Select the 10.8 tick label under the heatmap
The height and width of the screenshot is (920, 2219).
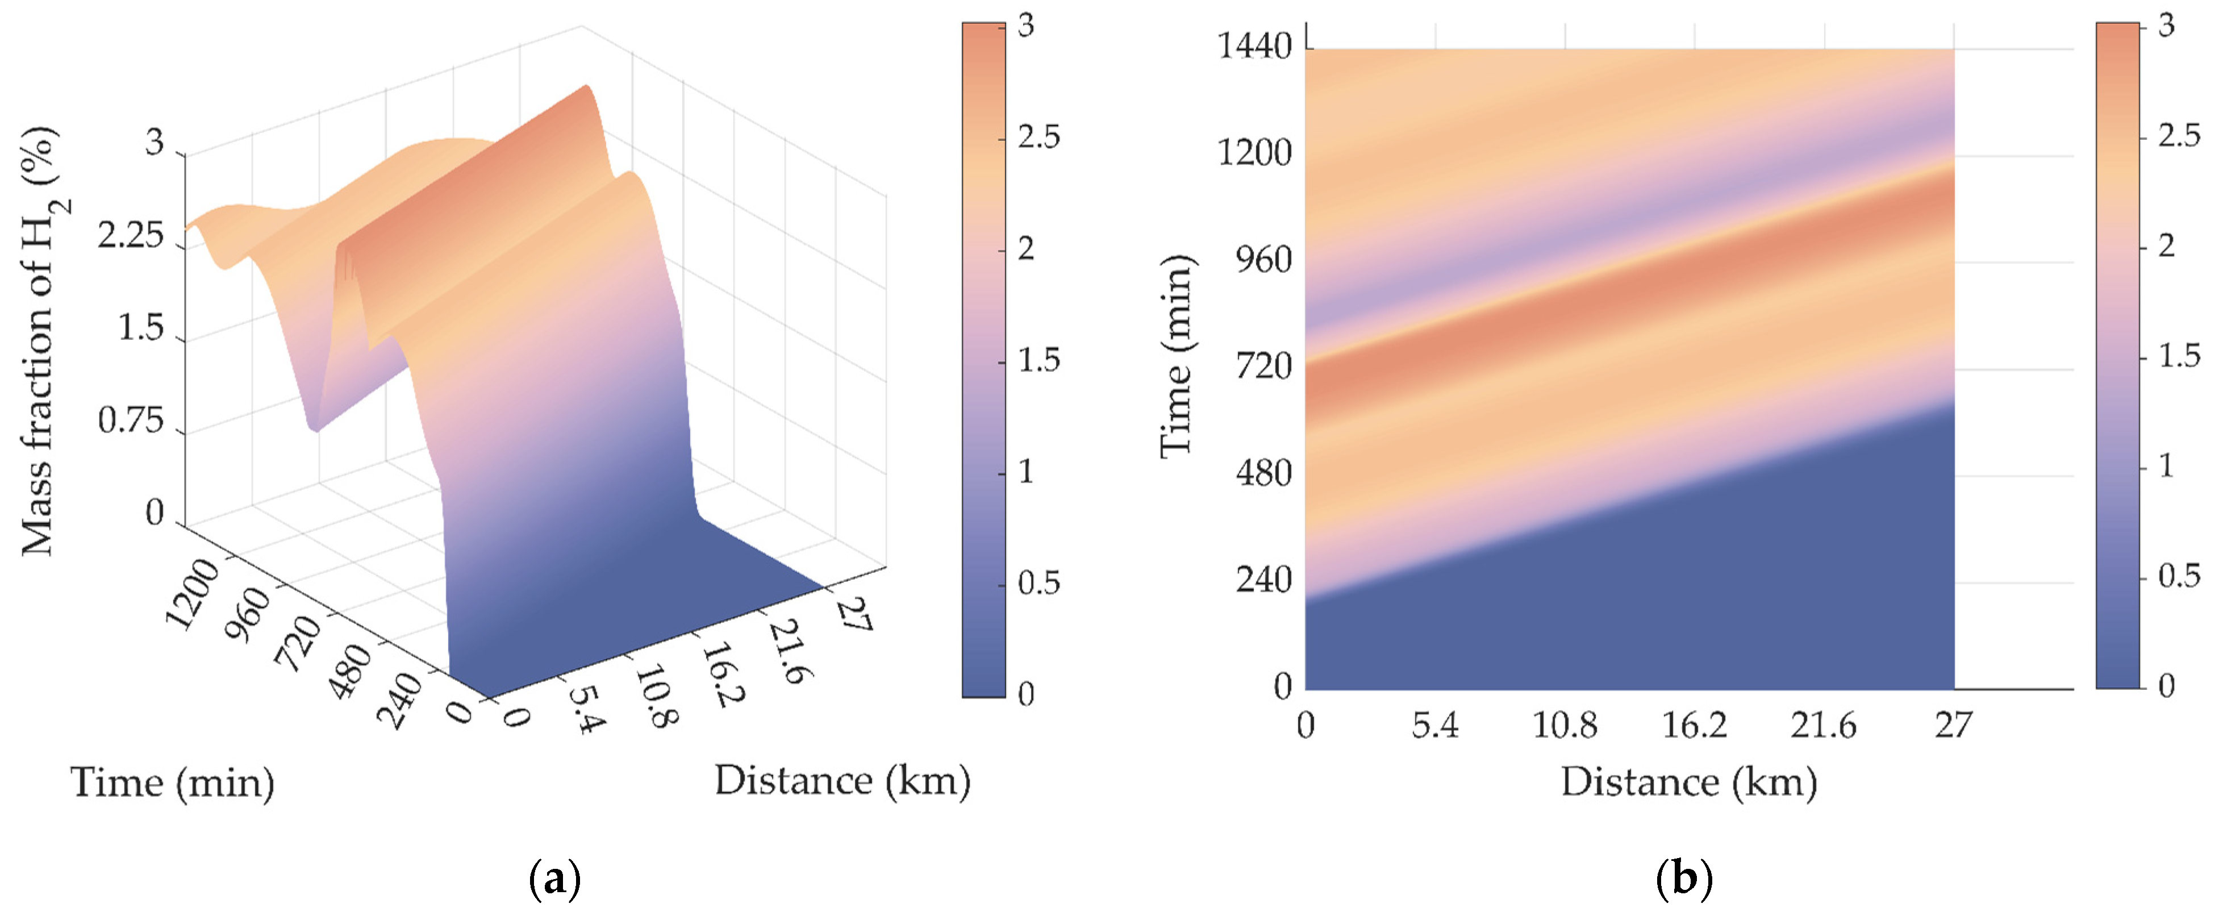click(x=1565, y=725)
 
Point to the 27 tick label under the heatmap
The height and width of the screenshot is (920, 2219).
click(x=1953, y=725)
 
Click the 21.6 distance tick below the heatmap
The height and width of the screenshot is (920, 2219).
click(x=1824, y=725)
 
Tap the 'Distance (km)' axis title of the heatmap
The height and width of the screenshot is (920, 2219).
click(x=1689, y=782)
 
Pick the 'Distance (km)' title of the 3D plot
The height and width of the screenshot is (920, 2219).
click(x=841, y=780)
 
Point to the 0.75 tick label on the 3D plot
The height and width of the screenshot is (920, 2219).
click(x=130, y=421)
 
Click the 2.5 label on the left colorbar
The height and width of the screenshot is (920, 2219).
click(x=1038, y=137)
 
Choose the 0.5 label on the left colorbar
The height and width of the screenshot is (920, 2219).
click(x=1038, y=583)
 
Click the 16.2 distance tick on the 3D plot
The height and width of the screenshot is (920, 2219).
click(x=722, y=675)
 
